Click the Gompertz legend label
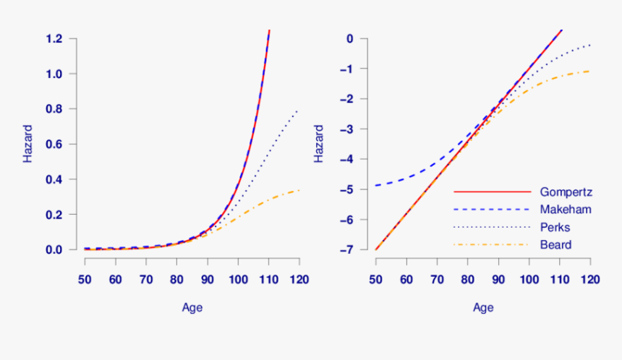coord(566,192)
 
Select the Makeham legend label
coord(566,210)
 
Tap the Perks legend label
coord(555,228)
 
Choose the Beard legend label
coord(555,245)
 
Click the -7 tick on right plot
coord(353,249)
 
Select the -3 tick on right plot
coord(353,129)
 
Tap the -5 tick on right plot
coord(353,189)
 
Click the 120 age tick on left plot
coord(299,279)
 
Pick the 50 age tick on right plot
coord(376,279)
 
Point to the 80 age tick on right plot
coord(468,279)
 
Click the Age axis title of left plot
coord(192,308)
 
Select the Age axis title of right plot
coord(483,308)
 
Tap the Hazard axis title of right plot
coord(320,144)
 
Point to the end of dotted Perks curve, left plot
coord(297,111)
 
